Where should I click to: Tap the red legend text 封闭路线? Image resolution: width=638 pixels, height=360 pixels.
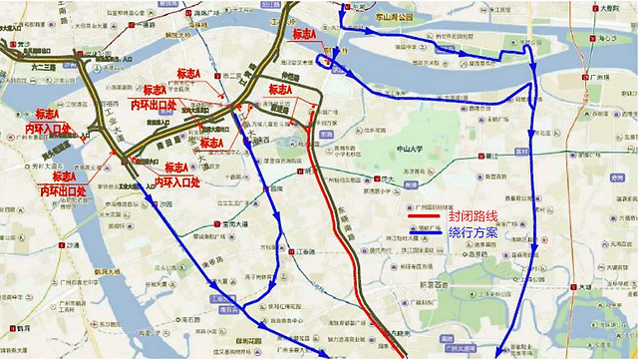(x=475, y=215)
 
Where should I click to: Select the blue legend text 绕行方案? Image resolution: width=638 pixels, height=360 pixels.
(x=475, y=231)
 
